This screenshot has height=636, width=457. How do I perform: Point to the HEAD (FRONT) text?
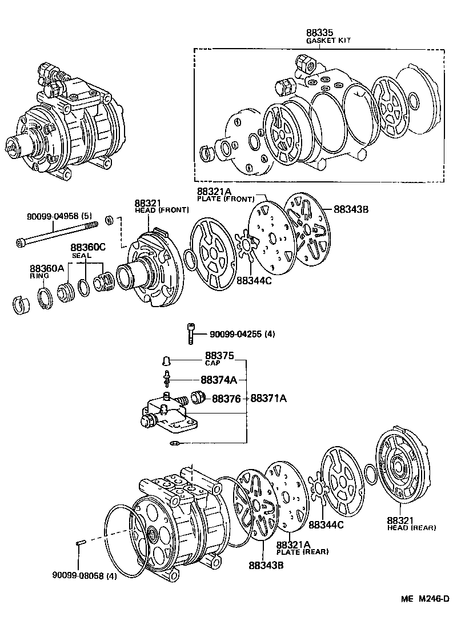coord(162,210)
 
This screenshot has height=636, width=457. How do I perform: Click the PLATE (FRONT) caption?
coord(225,198)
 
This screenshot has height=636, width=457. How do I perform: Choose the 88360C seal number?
coord(88,248)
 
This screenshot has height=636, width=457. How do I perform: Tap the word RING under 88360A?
coord(39,276)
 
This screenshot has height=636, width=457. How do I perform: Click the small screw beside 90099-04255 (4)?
coord(190,333)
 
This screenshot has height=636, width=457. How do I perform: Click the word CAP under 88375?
coord(212,363)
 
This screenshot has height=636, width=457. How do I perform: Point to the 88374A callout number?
coord(219,380)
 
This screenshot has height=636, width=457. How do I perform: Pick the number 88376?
coord(227,399)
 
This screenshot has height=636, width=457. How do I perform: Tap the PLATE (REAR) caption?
coord(303,552)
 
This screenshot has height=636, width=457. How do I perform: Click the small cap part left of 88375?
coord(166,361)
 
